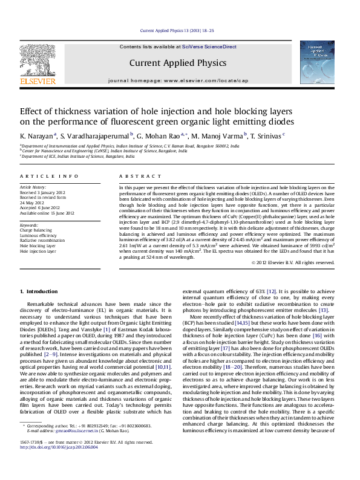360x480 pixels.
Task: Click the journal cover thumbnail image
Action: (317, 62)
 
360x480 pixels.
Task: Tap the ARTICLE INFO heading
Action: (49, 176)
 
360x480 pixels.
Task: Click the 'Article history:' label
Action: (33, 187)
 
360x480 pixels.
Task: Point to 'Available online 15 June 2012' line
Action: (47, 213)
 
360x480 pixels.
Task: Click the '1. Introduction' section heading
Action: (39, 292)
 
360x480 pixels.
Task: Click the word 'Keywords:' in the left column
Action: (29, 225)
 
